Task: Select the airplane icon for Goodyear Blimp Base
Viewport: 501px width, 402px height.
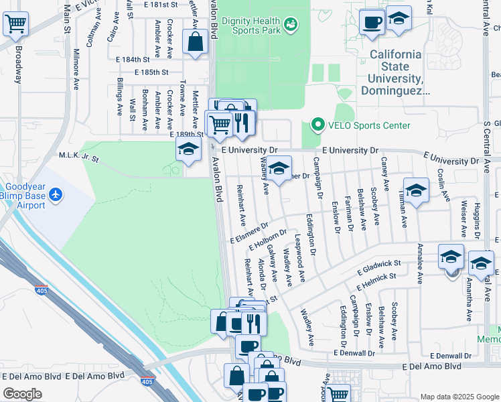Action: (55, 195)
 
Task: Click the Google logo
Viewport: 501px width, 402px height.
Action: (22, 394)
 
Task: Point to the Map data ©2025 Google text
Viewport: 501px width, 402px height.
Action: (459, 396)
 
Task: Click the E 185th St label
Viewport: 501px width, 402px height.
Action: (151, 72)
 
